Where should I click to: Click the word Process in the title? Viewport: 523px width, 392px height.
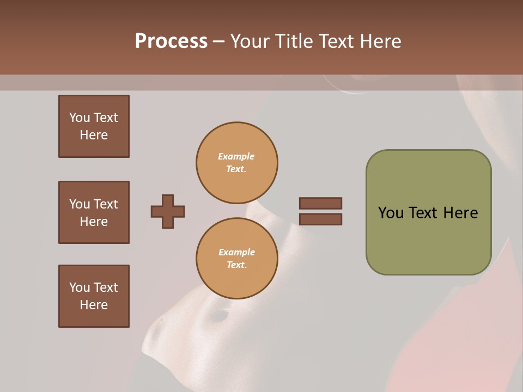click(171, 41)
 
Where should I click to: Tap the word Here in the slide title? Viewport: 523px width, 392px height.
click(379, 41)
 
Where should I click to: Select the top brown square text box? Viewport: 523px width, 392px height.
click(94, 126)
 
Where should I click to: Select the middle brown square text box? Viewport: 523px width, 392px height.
click(94, 212)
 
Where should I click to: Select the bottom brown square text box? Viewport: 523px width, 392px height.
click(94, 296)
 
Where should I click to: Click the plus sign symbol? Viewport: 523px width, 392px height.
click(168, 211)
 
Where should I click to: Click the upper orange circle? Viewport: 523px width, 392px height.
click(237, 163)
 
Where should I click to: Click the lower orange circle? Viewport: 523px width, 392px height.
click(237, 259)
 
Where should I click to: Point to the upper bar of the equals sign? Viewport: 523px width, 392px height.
click(320, 203)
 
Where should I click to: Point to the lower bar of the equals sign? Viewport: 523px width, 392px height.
click(320, 219)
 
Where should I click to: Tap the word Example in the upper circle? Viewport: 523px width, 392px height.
click(236, 157)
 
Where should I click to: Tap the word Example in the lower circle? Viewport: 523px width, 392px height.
click(236, 253)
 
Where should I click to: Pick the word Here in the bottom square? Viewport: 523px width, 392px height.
click(94, 305)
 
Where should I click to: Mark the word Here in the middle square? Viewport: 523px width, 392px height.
click(94, 222)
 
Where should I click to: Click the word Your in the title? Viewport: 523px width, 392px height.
click(248, 41)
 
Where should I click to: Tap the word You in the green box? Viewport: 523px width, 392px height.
click(391, 213)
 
